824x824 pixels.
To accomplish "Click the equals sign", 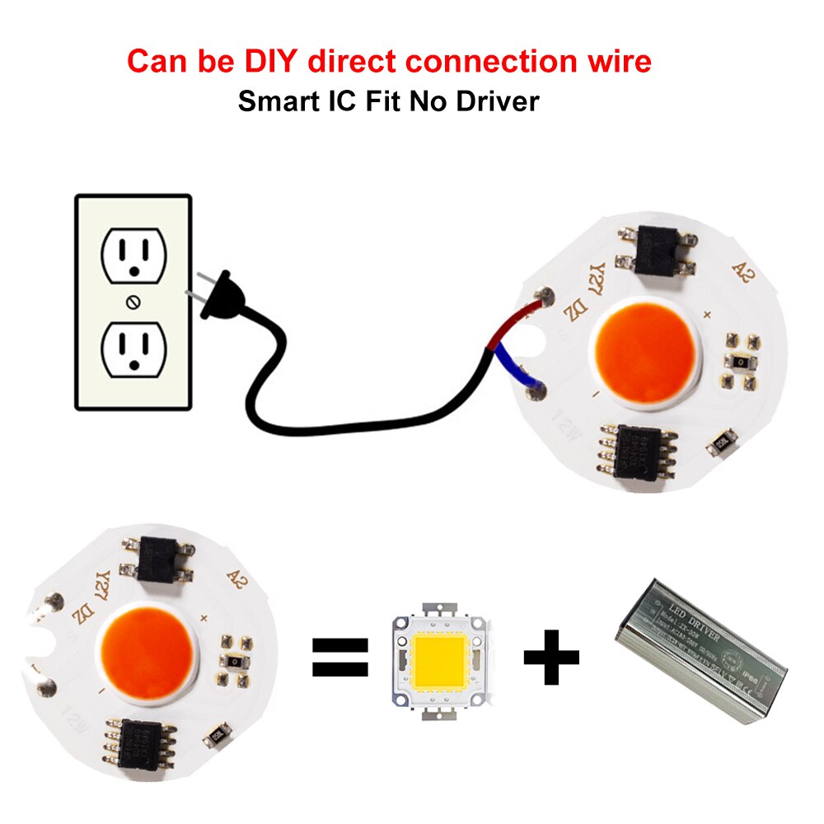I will tap(339, 658).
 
